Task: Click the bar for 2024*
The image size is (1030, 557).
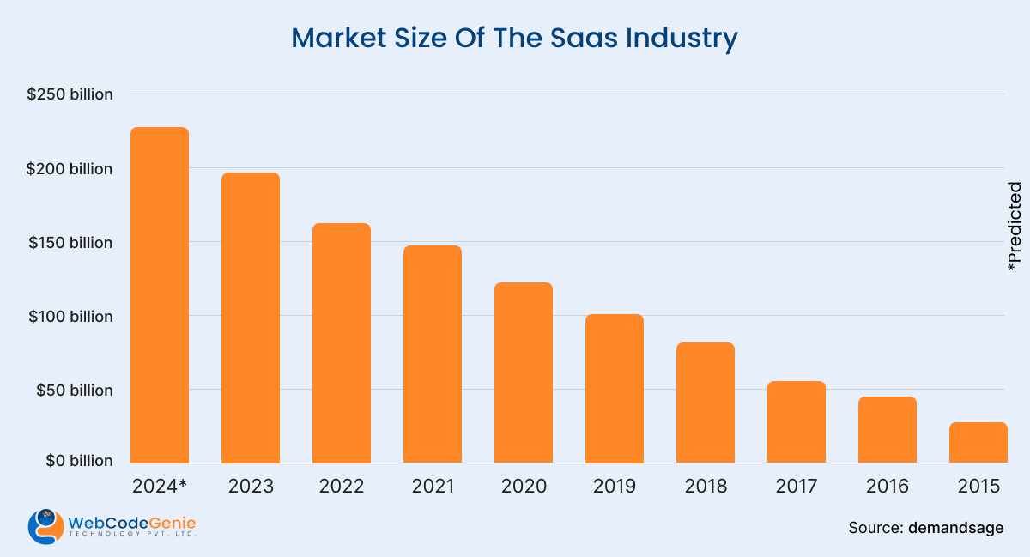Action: coord(160,295)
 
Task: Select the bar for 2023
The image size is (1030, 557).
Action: coord(251,318)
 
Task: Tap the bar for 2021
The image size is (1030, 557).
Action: coord(433,354)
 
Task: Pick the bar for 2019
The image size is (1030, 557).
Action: coord(615,389)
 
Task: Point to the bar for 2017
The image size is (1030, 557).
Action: coord(797,422)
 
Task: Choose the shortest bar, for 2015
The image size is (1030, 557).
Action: coord(978,443)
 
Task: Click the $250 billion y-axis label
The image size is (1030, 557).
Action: coord(70,94)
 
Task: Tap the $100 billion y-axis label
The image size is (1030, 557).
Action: coord(70,317)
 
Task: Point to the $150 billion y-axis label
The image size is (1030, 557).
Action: coord(70,243)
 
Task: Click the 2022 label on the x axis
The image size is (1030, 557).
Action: coord(342,487)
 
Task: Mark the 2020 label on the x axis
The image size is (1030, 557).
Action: coord(524,487)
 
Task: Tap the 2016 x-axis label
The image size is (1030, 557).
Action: coord(888,487)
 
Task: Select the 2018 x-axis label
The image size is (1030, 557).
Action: coord(706,487)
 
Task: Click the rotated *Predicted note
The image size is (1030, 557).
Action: coord(1015,227)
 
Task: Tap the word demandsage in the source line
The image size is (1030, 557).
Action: coord(956,528)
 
